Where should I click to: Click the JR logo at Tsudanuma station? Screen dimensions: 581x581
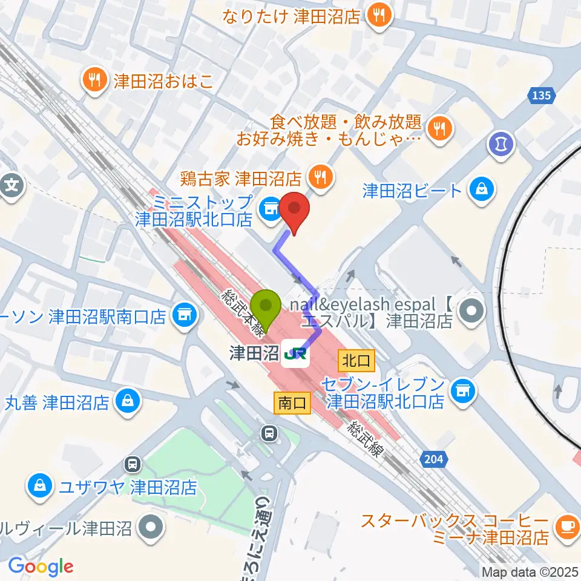(295, 355)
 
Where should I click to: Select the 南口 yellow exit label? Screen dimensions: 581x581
(293, 401)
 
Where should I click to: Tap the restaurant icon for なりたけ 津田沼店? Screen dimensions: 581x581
(379, 15)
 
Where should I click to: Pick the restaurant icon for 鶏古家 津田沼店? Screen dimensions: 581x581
(320, 177)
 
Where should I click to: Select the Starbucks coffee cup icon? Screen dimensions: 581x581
(568, 527)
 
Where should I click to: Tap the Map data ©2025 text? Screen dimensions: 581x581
(530, 571)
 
